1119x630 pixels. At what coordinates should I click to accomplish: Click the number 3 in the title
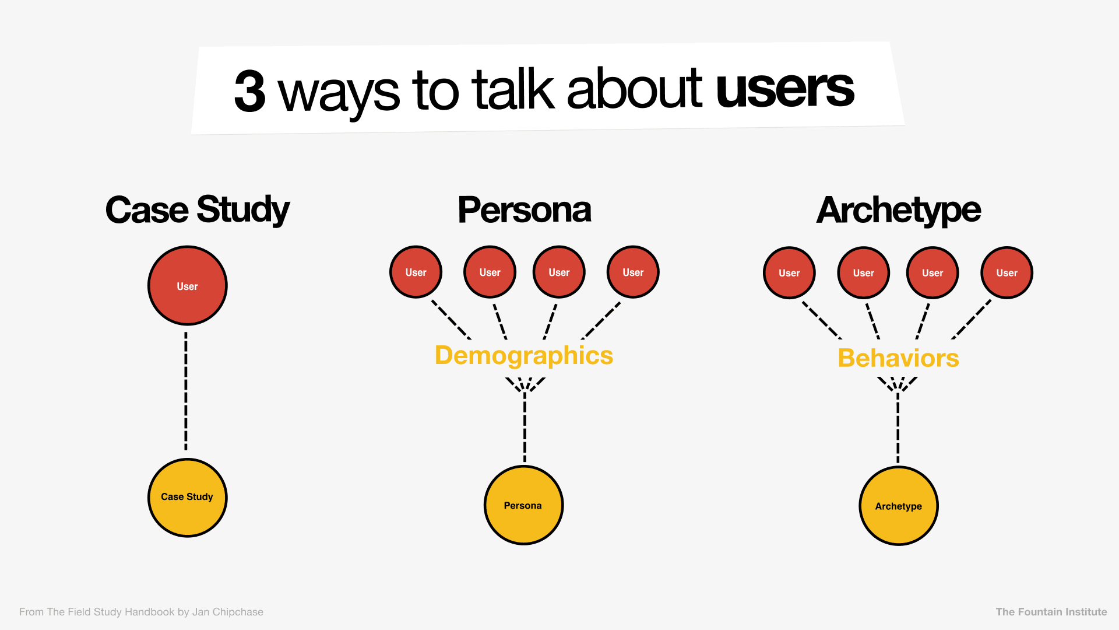250,92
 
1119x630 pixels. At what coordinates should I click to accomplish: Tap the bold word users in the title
784,88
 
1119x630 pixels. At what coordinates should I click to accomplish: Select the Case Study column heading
197,210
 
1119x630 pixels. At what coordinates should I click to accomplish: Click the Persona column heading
524,210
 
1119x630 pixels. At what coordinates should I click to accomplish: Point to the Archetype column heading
898,210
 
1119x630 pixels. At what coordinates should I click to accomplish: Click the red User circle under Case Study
187,286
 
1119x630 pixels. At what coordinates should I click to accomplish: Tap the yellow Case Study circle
187,497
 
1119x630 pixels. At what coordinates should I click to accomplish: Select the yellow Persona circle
523,505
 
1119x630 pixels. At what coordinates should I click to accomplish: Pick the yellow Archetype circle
898,506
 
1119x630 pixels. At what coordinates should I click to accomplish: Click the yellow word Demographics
524,355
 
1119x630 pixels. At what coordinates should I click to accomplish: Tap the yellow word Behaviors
898,358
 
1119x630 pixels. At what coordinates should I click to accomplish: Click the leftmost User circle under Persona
416,272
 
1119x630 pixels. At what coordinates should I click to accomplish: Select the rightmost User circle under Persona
633,272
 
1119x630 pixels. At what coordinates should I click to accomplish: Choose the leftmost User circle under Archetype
789,272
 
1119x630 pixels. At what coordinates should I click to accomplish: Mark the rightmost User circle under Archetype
1007,272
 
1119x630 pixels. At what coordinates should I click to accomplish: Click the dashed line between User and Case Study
186,391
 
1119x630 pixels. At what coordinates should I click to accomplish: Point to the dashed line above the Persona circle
525,429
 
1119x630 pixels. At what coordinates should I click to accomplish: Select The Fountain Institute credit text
1051,612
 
